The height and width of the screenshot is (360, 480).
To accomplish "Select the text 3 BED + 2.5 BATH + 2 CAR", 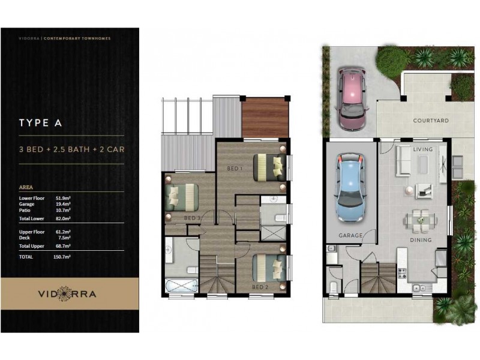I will [72, 149].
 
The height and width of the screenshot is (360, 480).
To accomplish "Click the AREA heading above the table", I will [26, 187].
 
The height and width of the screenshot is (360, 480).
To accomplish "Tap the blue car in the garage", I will [350, 187].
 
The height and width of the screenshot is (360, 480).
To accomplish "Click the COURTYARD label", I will [431, 121].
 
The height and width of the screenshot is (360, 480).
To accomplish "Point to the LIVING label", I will [422, 149].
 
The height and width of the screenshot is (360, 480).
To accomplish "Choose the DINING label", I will [421, 240].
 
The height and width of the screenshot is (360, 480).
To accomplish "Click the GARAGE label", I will [350, 236].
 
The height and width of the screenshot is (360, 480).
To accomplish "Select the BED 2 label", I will [260, 287].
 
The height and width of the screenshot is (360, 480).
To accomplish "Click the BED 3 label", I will [192, 217].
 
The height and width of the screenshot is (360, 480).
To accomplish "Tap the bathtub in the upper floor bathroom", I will [181, 269].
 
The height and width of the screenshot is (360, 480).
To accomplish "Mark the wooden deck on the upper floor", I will [265, 117].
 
